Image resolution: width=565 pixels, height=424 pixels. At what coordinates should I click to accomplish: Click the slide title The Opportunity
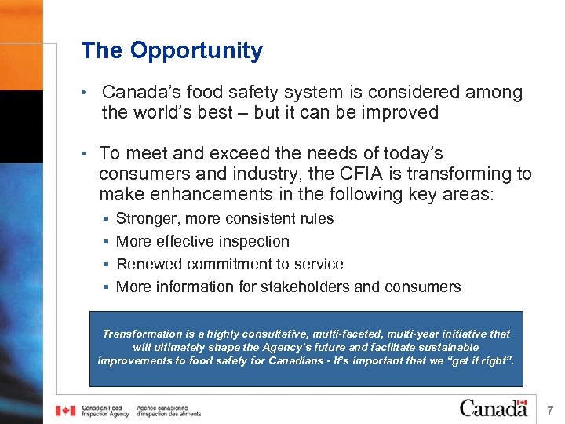pyautogui.click(x=172, y=51)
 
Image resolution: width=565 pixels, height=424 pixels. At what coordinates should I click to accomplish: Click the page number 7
pyautogui.click(x=550, y=410)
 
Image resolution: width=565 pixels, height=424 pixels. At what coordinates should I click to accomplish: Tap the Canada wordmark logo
pyautogui.click(x=493, y=408)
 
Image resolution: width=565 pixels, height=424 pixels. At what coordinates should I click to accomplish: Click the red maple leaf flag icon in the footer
pyautogui.click(x=65, y=411)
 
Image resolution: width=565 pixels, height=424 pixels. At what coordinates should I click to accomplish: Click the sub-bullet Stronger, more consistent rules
pyautogui.click(x=224, y=218)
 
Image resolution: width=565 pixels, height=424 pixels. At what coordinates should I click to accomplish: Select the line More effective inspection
pyautogui.click(x=202, y=241)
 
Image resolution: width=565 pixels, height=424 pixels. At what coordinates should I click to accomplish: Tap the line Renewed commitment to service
pyautogui.click(x=229, y=264)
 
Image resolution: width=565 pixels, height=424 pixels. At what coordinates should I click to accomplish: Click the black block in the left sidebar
pyautogui.click(x=21, y=126)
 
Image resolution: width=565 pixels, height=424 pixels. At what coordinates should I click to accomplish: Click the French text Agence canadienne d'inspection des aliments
pyautogui.click(x=168, y=411)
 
